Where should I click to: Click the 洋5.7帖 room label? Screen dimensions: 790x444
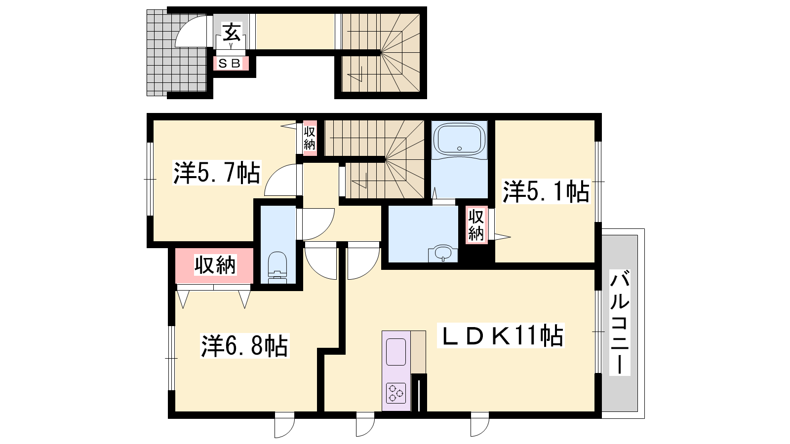[217, 173]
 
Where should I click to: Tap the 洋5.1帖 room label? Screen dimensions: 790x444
[546, 191]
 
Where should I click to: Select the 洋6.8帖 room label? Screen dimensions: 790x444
[245, 346]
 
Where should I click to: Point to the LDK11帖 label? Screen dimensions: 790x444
[501, 335]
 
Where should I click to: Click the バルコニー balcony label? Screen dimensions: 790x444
[620, 323]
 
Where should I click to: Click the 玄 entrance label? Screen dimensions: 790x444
[232, 33]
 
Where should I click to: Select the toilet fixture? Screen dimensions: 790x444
[277, 267]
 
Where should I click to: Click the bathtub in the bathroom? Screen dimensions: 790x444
[459, 139]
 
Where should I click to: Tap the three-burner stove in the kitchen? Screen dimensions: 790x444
[395, 393]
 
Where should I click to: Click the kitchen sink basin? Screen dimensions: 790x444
[395, 352]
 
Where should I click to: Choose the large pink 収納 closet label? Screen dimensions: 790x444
[215, 264]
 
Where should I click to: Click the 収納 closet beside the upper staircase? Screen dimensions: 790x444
[309, 138]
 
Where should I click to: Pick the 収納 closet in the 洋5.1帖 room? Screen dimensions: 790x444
[476, 225]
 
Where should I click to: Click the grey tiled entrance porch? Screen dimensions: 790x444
[176, 53]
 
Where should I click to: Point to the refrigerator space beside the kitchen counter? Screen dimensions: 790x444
[418, 352]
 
